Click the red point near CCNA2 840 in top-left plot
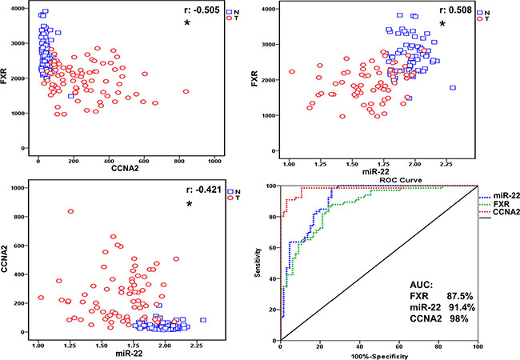coord(186,92)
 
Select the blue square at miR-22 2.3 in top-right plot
coord(453,88)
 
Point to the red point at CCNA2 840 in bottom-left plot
coord(71,211)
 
